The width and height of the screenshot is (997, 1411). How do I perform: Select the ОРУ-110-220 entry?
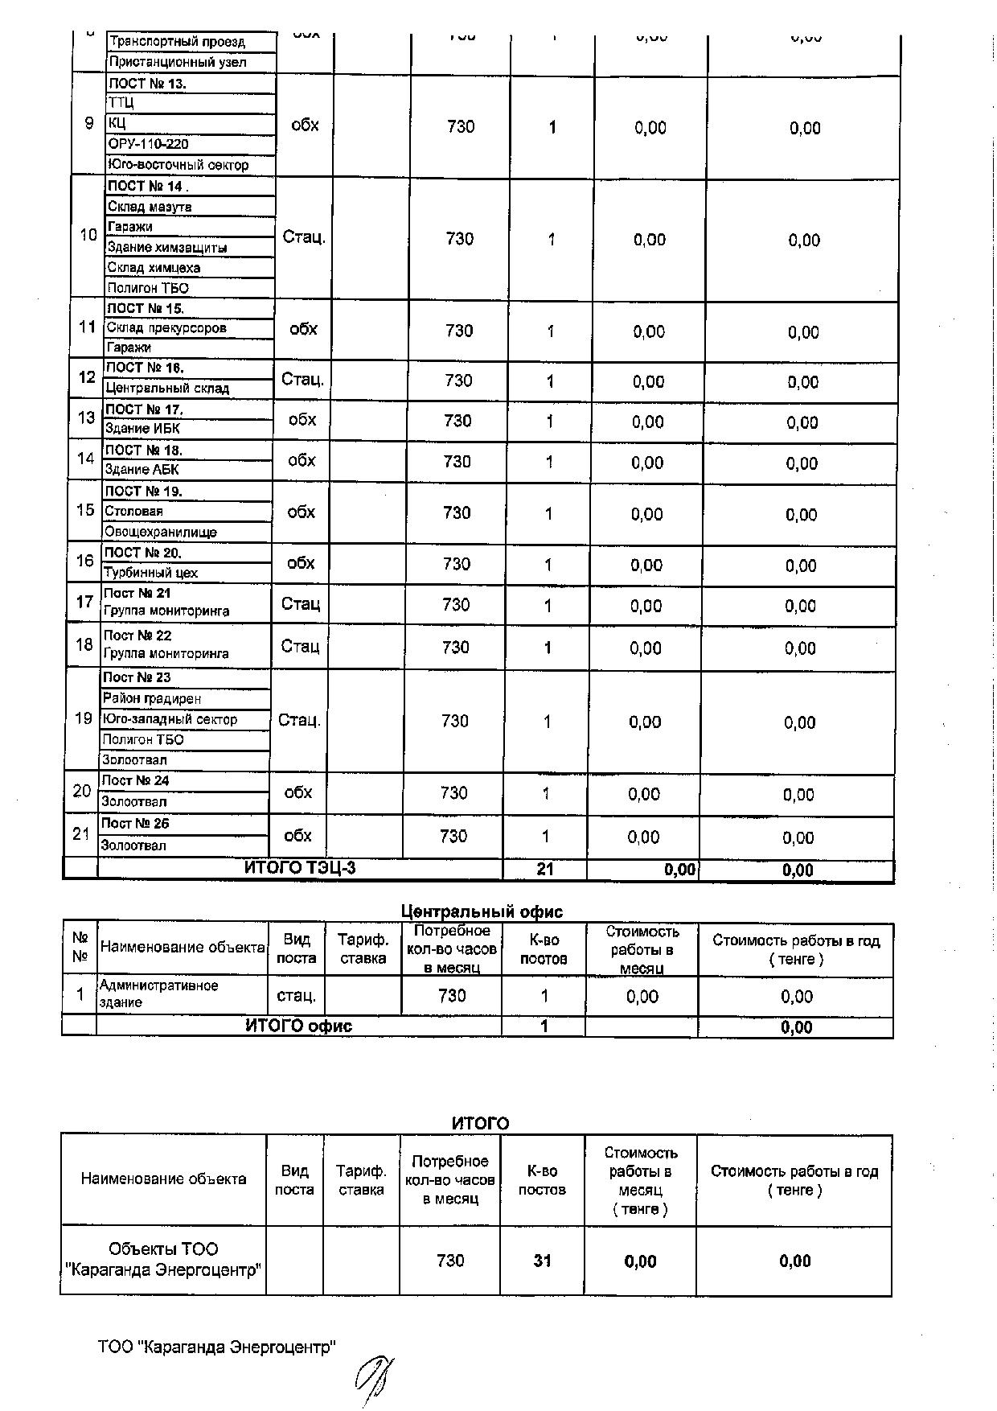(149, 144)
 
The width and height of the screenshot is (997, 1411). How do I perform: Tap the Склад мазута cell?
(150, 207)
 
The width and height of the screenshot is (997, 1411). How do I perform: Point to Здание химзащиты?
(167, 247)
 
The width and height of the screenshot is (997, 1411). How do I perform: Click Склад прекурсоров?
(166, 327)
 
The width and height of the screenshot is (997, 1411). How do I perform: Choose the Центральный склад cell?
(167, 388)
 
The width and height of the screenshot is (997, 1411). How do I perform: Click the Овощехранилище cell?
(161, 532)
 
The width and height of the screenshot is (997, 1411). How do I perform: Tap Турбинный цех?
(150, 573)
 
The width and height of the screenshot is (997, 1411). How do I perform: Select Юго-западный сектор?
(170, 719)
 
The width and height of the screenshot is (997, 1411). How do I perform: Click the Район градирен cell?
(152, 698)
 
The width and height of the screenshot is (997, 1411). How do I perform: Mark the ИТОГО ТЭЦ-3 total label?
(299, 868)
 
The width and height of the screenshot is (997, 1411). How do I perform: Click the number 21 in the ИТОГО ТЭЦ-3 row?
(545, 869)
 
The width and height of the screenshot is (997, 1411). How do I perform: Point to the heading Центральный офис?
(482, 911)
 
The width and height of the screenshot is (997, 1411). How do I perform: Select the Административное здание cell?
(158, 993)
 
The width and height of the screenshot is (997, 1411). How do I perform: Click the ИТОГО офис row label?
(298, 1026)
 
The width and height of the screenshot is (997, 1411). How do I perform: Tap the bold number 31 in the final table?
(543, 1261)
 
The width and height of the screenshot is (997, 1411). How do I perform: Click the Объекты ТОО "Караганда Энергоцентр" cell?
(163, 1260)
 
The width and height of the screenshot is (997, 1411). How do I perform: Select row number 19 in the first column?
(84, 718)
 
